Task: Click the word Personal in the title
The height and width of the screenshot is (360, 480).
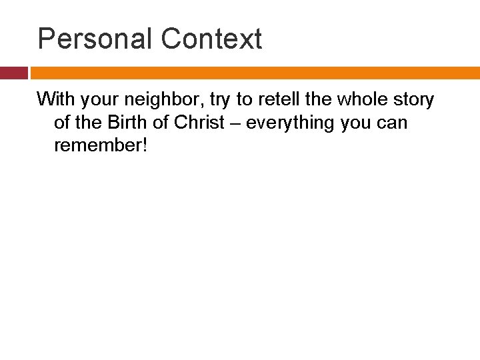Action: [95, 39]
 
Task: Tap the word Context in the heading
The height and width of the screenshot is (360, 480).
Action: [211, 39]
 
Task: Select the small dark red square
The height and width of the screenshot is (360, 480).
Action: [13, 73]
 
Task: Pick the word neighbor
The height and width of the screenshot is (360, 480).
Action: [160, 101]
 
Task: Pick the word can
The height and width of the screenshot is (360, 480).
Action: [393, 124]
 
